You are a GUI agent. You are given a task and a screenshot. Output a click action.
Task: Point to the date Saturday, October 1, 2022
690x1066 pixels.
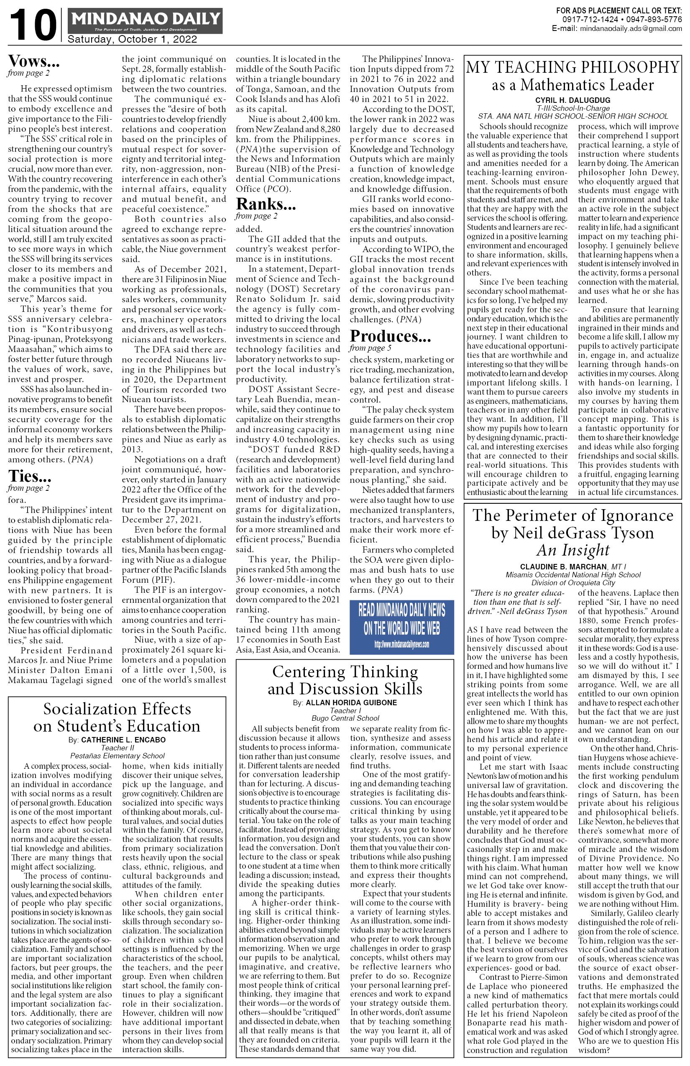coord(132,39)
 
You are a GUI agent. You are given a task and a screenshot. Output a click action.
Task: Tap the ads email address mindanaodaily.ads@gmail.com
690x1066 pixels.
coord(631,28)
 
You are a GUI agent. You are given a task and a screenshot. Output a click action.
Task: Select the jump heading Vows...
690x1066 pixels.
coord(33,61)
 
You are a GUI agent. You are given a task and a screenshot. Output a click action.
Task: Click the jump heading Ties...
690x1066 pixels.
coord(30,476)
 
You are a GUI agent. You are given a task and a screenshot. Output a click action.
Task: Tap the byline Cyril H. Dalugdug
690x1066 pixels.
coord(572,100)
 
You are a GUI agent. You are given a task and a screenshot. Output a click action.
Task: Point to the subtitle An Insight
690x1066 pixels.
coord(572,550)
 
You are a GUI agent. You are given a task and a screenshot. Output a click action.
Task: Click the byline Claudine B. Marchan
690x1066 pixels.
coord(563,566)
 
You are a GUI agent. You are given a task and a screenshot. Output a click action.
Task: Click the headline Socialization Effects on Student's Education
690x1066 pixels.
coord(117,717)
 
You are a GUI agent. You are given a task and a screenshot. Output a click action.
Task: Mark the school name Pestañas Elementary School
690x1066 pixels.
coord(118,755)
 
